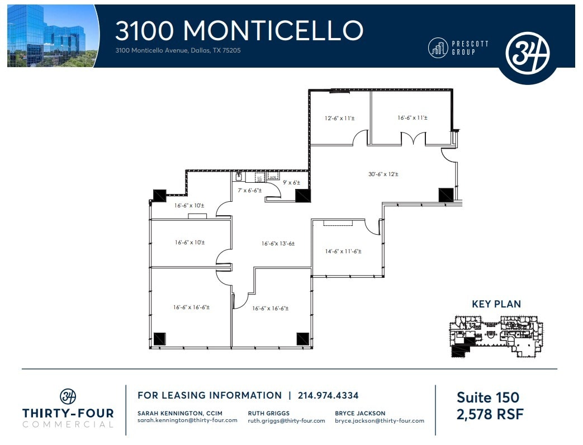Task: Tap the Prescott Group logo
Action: click(458, 48)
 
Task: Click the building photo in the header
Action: click(51, 36)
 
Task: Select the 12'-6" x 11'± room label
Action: click(339, 118)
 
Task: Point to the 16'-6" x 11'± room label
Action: click(412, 118)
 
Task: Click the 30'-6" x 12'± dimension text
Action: click(383, 174)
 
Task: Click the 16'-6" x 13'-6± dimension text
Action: click(278, 243)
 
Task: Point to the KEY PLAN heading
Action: click(496, 305)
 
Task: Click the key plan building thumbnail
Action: click(496, 335)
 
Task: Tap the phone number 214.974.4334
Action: click(328, 396)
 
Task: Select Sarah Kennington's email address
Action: click(187, 420)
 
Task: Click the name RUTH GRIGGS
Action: click(268, 413)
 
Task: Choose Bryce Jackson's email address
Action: click(380, 420)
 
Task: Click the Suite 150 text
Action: click(487, 397)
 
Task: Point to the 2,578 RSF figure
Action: click(490, 414)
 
